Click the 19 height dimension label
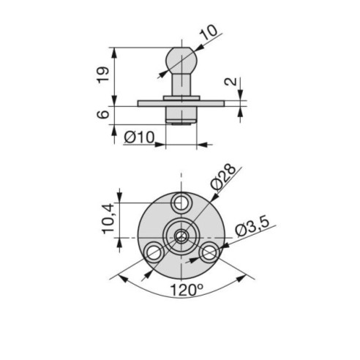(103, 75)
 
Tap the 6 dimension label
(103, 114)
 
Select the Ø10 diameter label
(139, 138)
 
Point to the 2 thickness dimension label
(230, 82)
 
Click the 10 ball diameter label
(209, 32)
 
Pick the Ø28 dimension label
(223, 177)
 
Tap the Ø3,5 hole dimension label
(252, 227)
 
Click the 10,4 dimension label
(108, 219)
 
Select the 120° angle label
(187, 290)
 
